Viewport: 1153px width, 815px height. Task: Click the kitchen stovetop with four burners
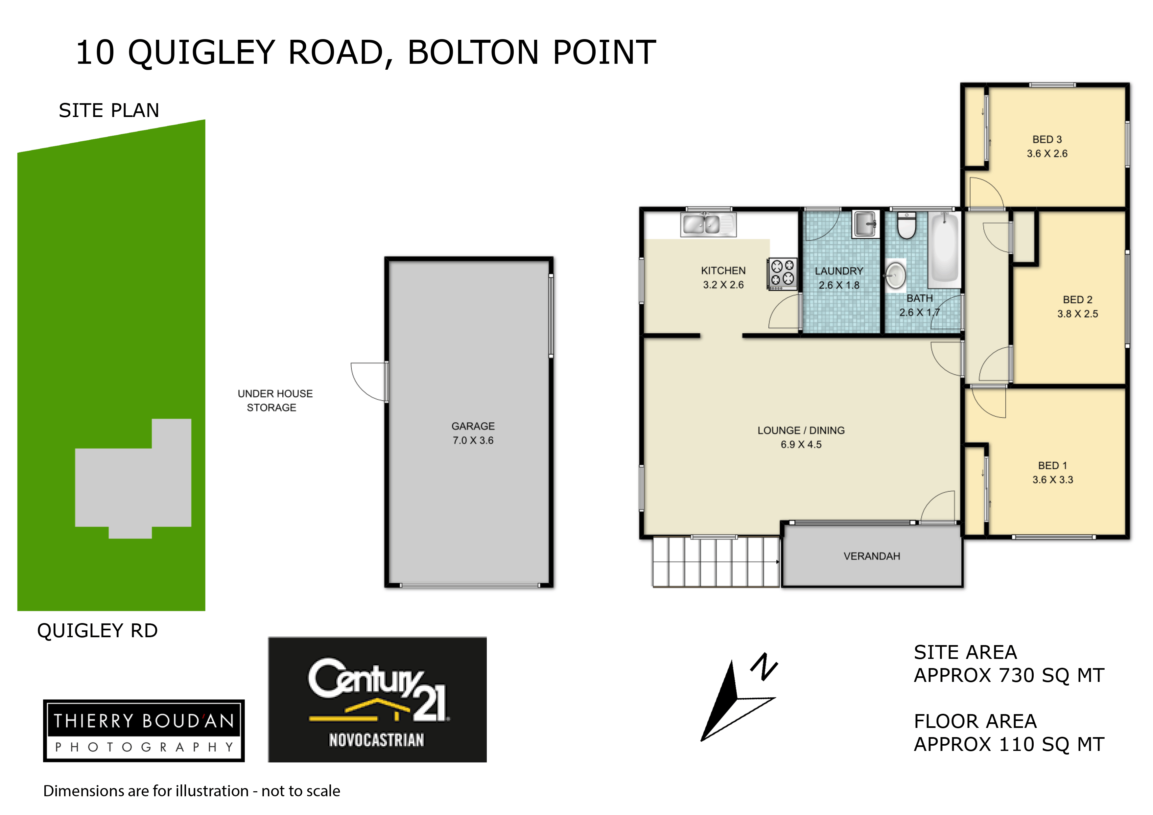point(782,274)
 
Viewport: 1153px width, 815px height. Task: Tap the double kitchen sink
point(708,224)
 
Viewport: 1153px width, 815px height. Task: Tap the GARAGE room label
point(473,426)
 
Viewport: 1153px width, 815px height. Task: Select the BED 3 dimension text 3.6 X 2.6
point(1047,154)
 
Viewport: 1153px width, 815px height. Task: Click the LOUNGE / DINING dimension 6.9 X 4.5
point(801,444)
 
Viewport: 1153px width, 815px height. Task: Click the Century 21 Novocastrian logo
point(377,700)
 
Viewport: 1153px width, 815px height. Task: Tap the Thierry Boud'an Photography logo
point(144,731)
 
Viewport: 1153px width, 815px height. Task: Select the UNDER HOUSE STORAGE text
point(275,401)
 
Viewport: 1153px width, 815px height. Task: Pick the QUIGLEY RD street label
point(97,631)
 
